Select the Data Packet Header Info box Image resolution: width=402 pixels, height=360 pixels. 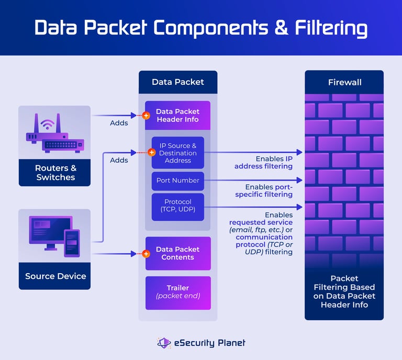[178, 116]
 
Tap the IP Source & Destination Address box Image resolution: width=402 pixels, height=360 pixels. [178, 153]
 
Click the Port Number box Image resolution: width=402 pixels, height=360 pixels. [178, 181]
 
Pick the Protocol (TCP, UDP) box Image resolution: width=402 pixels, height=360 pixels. [178, 206]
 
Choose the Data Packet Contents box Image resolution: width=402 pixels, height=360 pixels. [178, 253]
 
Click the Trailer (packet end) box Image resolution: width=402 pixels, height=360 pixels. [178, 292]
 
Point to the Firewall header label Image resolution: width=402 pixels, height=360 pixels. [344, 82]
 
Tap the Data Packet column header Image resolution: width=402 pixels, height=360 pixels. [178, 82]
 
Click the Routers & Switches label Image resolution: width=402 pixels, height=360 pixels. [55, 173]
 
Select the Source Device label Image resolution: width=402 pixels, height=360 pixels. [55, 276]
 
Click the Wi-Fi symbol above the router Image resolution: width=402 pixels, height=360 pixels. [48, 125]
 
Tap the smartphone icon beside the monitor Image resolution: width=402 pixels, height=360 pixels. [72, 243]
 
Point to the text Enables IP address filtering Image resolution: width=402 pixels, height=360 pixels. [264, 162]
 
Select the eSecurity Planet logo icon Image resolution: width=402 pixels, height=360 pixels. [164, 343]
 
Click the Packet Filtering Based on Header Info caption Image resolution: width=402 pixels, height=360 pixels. [344, 291]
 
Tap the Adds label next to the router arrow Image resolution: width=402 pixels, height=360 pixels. [119, 123]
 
